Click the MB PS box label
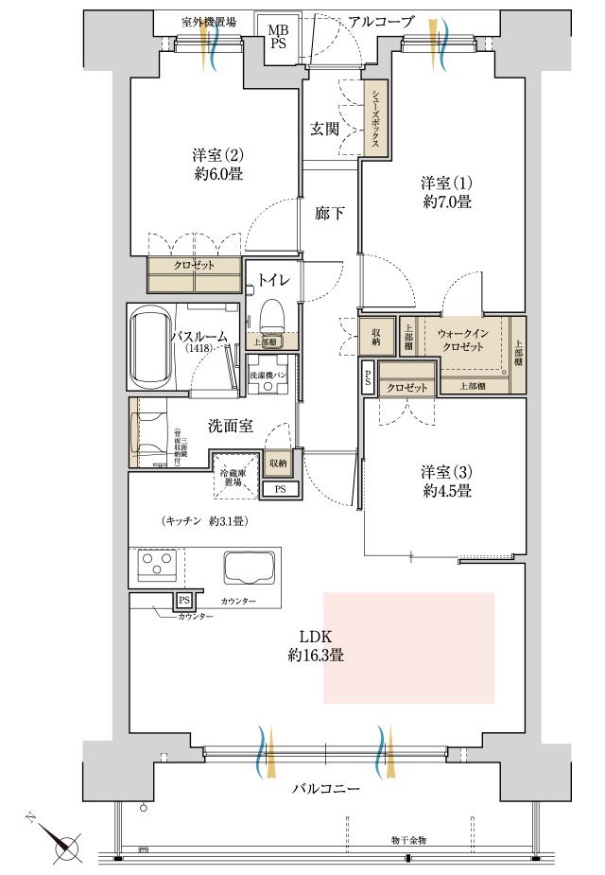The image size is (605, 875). point(279,37)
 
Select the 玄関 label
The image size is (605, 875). point(324,130)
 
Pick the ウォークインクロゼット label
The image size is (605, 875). point(461,341)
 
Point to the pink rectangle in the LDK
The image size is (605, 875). point(408,647)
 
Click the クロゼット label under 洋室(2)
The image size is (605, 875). point(193,266)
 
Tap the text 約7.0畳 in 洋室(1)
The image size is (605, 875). point(446,201)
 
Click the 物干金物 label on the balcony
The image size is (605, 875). point(407,839)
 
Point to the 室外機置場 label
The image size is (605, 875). point(209,21)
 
